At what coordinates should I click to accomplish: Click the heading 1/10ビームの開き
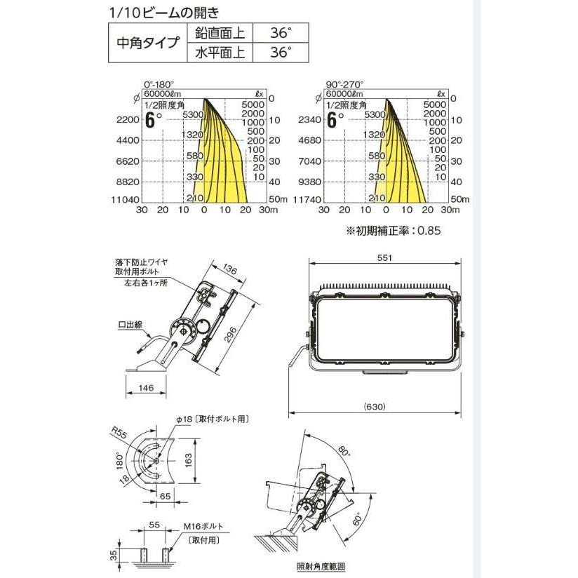pyautogui.click(x=165, y=12)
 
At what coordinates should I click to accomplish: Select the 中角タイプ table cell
pyautogui.click(x=147, y=42)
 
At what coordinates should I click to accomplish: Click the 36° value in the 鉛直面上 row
pyautogui.click(x=280, y=33)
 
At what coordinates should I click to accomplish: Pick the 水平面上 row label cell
pyautogui.click(x=220, y=53)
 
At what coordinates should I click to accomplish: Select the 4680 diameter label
pyautogui.click(x=309, y=140)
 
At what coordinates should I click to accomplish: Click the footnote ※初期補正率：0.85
pyautogui.click(x=393, y=229)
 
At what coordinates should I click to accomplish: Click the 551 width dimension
pyautogui.click(x=384, y=258)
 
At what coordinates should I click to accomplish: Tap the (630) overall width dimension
pyautogui.click(x=375, y=406)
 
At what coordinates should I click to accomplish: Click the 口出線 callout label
pyautogui.click(x=131, y=325)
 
